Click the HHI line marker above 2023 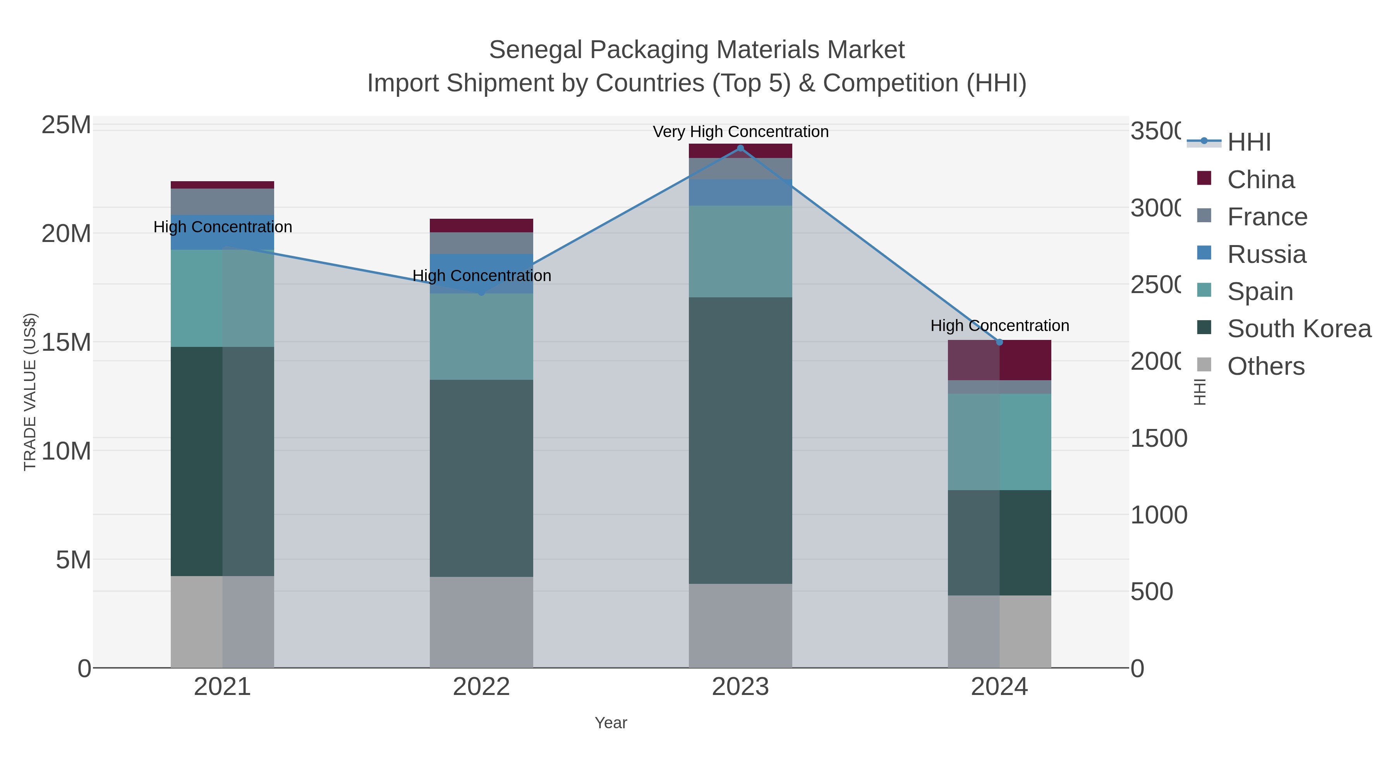click(740, 148)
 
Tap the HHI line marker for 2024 click(999, 342)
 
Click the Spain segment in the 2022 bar click(481, 336)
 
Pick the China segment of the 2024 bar click(999, 361)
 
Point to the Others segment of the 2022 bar click(481, 622)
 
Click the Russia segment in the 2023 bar click(740, 193)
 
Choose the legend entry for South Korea click(1299, 329)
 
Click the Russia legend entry click(1266, 254)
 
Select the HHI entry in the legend click(1248, 142)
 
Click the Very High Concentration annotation click(740, 132)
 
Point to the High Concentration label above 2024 click(999, 326)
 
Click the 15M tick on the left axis click(66, 343)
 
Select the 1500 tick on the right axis click(1158, 438)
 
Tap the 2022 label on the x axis click(481, 687)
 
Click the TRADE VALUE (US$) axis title click(30, 392)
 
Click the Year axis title click(610, 723)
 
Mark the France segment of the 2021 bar click(222, 202)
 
